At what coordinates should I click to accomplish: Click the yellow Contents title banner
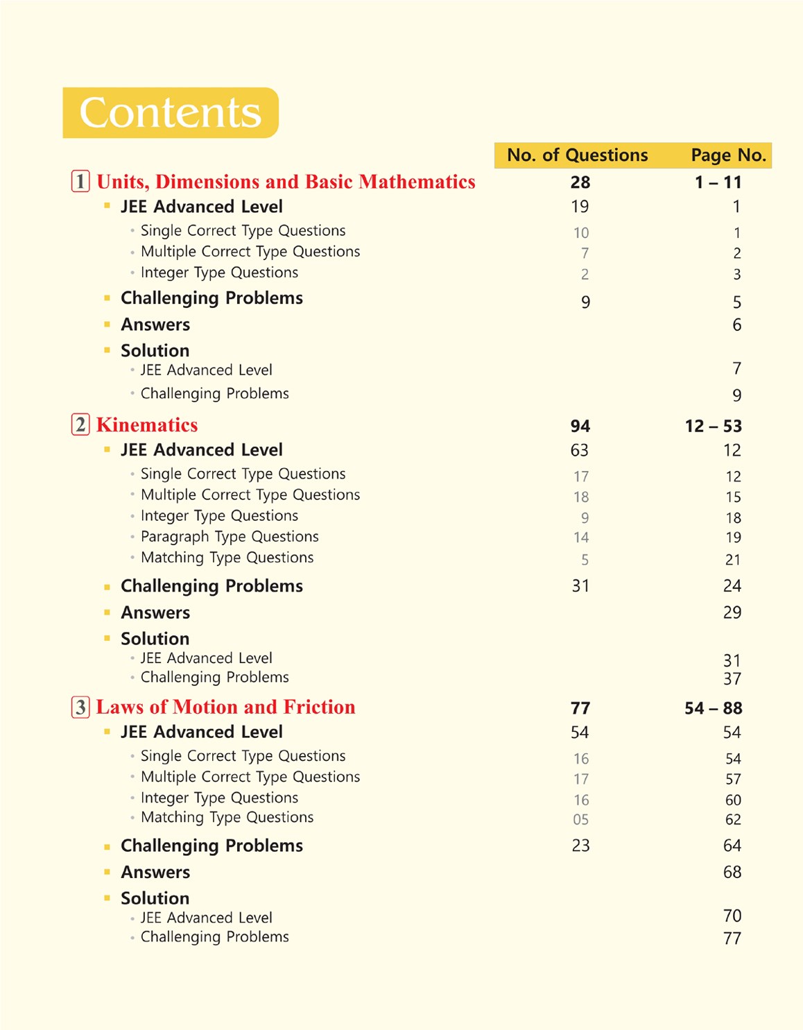(x=171, y=112)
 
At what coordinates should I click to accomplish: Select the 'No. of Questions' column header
(x=577, y=155)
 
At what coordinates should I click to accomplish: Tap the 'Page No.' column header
(x=728, y=155)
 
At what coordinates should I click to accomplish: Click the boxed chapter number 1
(x=80, y=182)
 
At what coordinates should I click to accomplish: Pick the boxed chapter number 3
(x=80, y=707)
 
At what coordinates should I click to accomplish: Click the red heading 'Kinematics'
(x=147, y=425)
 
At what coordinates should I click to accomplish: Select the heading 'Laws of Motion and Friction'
(x=225, y=707)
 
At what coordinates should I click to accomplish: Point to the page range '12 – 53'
(x=713, y=426)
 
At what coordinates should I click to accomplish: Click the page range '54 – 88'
(x=713, y=708)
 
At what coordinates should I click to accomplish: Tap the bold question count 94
(x=580, y=426)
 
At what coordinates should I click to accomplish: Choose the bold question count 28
(x=580, y=182)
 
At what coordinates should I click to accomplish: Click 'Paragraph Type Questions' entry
(x=230, y=537)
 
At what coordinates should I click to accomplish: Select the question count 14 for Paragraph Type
(x=581, y=538)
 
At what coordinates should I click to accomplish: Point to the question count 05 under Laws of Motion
(x=581, y=820)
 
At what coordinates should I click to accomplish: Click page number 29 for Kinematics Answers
(x=732, y=612)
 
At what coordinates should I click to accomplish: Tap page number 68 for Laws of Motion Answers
(x=732, y=872)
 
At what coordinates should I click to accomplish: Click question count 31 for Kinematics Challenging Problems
(x=580, y=586)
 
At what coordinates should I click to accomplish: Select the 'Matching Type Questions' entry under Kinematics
(x=227, y=558)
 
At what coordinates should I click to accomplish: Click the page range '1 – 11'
(x=718, y=182)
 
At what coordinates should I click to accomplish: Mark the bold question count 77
(x=580, y=708)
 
